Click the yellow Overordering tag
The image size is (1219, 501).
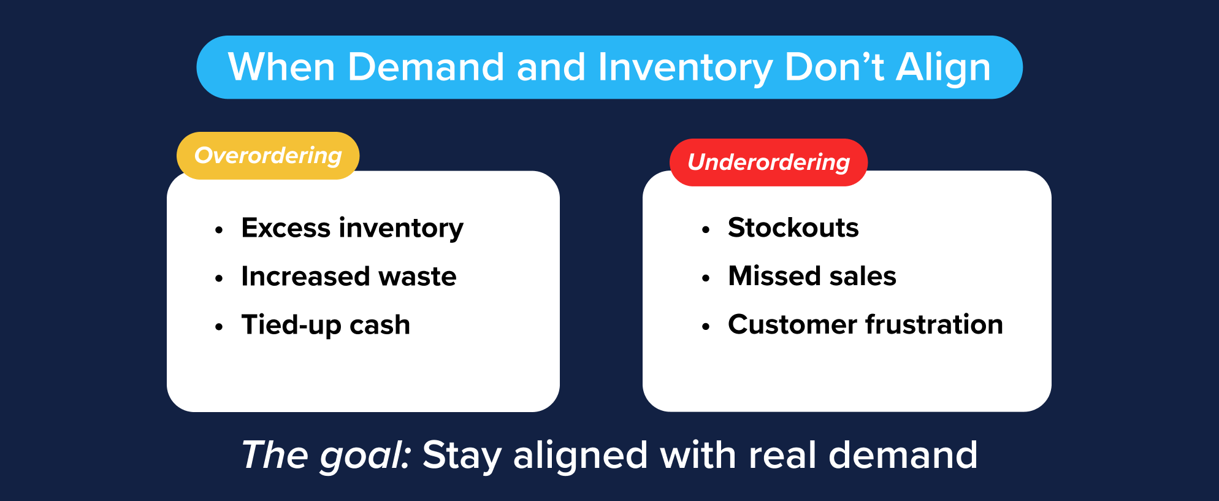click(x=268, y=156)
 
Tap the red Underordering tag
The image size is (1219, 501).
click(x=768, y=163)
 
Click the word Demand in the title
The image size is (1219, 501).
click(x=426, y=67)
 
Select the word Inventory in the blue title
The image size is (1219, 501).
click(x=685, y=68)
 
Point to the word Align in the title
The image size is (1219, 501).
click(x=943, y=68)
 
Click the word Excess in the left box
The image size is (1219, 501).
click(x=286, y=228)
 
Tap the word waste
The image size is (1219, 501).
click(x=418, y=277)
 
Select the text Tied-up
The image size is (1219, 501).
click(x=291, y=325)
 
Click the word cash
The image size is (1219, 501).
click(x=380, y=325)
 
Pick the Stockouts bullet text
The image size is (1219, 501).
click(x=793, y=228)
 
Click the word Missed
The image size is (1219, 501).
click(x=773, y=276)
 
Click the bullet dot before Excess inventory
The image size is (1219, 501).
click(x=219, y=231)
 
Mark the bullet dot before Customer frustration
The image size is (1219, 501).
click(x=706, y=327)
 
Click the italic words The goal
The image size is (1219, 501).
click(x=326, y=456)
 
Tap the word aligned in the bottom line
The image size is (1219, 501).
click(x=580, y=456)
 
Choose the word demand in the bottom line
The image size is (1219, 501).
click(x=903, y=456)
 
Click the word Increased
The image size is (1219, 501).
click(x=305, y=277)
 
